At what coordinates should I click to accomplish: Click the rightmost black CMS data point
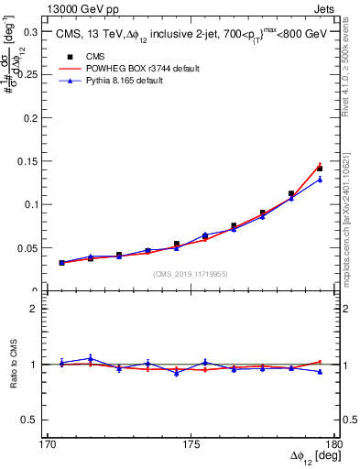click(x=320, y=169)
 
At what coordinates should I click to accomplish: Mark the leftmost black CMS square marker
click(x=61, y=263)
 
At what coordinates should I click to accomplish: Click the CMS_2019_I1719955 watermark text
click(x=191, y=274)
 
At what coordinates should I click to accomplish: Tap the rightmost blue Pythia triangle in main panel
click(x=320, y=180)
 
